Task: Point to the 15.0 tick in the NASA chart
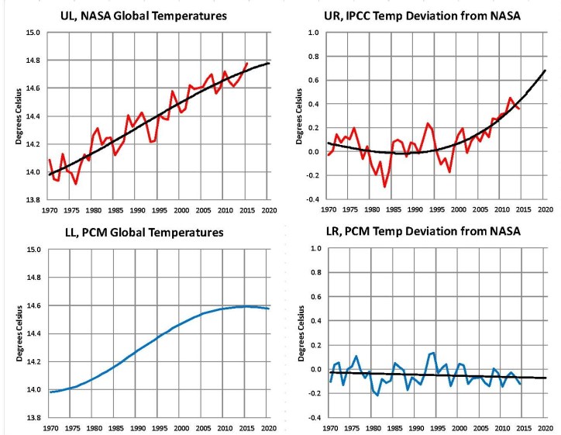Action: point(31,33)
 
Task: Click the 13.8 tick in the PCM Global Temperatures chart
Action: point(31,417)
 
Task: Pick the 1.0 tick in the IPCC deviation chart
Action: point(312,33)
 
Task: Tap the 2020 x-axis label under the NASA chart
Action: point(269,209)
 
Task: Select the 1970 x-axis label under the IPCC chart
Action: point(329,209)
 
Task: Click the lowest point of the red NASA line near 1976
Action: point(75,184)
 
